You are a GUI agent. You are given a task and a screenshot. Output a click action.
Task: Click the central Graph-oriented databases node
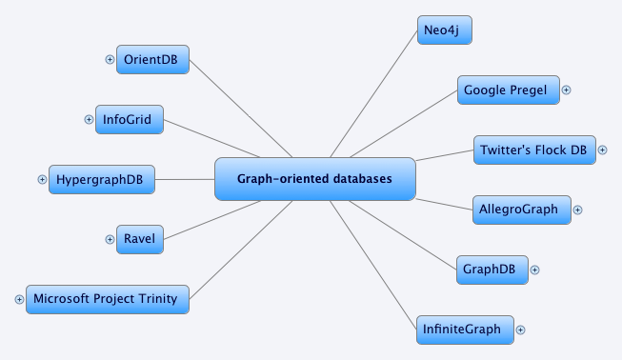tap(315, 179)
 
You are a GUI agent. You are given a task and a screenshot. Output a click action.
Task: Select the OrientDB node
tap(152, 60)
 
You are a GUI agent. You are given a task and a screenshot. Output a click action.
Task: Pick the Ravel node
tap(139, 238)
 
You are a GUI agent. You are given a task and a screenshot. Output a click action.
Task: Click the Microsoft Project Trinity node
tap(108, 298)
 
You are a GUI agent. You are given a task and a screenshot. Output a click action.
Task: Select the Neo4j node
tap(445, 30)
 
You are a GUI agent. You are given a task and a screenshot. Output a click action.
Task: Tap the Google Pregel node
tap(505, 90)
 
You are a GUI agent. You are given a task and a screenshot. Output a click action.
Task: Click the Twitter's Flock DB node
tap(533, 150)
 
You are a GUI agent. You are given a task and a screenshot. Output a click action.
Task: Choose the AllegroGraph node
tap(522, 210)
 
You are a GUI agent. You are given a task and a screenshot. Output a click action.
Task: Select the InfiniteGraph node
tap(465, 330)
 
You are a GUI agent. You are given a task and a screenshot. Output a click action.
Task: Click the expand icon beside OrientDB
tap(110, 60)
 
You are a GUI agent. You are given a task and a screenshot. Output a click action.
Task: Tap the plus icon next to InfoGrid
tap(89, 120)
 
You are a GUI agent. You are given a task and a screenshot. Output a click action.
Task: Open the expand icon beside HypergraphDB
tap(42, 178)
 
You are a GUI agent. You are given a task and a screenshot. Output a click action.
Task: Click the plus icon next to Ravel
tap(110, 238)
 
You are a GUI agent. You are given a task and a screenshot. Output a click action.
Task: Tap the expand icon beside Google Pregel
tap(566, 90)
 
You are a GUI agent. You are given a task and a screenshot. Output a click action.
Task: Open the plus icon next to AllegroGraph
tap(577, 210)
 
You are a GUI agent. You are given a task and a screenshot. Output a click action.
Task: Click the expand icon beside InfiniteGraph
tap(520, 330)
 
